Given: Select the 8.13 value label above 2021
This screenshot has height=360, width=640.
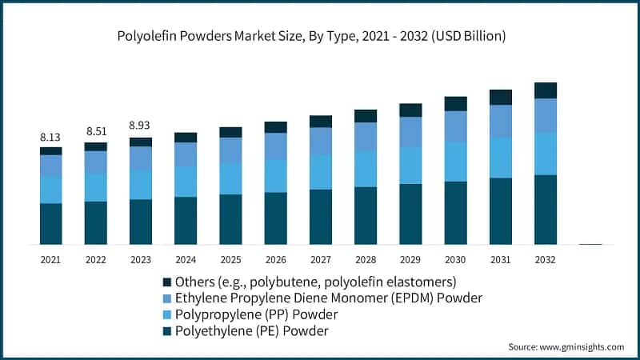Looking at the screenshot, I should tap(50, 137).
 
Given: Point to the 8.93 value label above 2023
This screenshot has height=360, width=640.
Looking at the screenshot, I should tap(140, 126).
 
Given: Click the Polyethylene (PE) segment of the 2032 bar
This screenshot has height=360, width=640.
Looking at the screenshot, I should tap(545, 209).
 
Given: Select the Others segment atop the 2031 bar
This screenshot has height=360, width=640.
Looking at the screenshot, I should tap(500, 97).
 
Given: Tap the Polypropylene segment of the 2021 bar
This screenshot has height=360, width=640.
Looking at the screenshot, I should tap(50, 189).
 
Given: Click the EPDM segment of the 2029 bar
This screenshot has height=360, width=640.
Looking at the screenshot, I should tap(410, 132).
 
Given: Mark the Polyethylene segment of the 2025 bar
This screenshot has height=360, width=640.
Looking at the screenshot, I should tap(230, 218).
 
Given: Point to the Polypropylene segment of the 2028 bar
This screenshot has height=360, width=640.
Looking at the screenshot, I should tap(366, 169).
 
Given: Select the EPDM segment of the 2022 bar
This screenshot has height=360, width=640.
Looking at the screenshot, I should tap(95, 162).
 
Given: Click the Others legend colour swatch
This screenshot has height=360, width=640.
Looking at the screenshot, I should tap(167, 282).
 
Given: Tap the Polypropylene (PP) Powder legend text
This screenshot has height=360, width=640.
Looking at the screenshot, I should tap(247, 314).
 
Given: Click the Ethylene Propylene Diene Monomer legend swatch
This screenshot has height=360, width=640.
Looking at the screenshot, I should tap(167, 298).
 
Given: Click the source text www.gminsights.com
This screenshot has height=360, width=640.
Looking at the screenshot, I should tap(566, 347).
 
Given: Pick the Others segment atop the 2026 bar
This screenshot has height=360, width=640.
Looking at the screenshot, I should tap(275, 127).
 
